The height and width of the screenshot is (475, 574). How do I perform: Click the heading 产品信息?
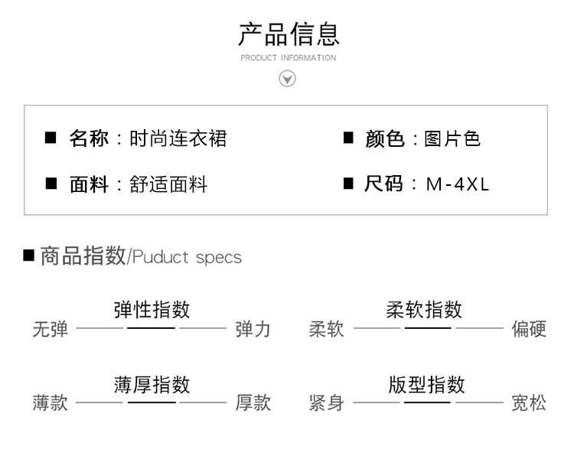click(288, 34)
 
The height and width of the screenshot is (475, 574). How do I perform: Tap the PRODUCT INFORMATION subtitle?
click(288, 58)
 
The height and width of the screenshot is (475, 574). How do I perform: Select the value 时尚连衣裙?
click(178, 138)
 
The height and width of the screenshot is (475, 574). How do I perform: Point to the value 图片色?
click(452, 138)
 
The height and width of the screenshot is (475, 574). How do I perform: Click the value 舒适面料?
click(169, 184)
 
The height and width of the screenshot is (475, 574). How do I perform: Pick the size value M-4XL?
click(457, 184)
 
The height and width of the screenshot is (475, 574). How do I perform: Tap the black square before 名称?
click(51, 138)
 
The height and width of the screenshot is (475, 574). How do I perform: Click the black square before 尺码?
click(348, 184)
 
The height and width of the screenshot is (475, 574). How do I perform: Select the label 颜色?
click(384, 138)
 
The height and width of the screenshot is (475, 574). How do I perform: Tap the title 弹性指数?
click(152, 309)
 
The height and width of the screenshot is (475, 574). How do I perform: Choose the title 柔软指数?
click(424, 309)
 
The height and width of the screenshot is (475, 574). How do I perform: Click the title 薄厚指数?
click(152, 384)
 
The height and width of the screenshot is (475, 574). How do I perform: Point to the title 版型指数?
click(426, 384)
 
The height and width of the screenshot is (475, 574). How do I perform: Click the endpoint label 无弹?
click(51, 330)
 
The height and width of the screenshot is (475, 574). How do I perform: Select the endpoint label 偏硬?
click(529, 330)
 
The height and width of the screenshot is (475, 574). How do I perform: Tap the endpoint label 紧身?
click(327, 403)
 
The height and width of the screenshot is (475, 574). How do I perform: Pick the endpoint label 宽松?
click(529, 403)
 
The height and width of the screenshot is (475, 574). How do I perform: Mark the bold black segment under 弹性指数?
click(151, 328)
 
